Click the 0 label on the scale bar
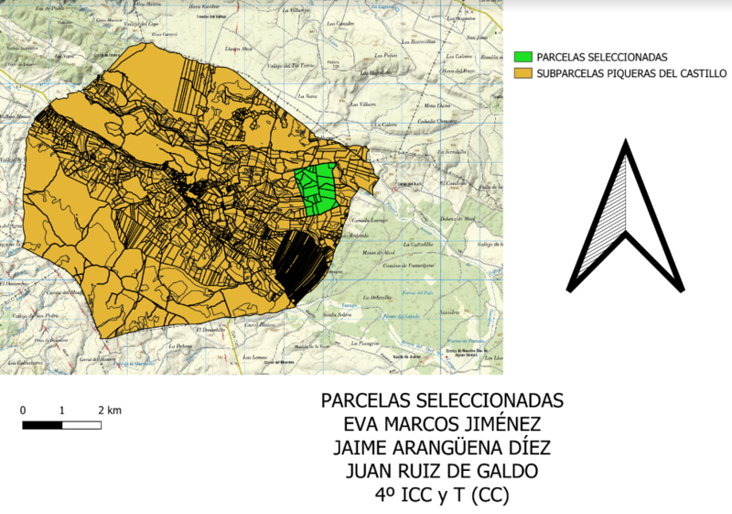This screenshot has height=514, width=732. pyautogui.click(x=23, y=410)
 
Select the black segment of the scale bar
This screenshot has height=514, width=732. pyautogui.click(x=42, y=425)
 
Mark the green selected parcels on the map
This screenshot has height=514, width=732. pyautogui.click(x=317, y=189)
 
